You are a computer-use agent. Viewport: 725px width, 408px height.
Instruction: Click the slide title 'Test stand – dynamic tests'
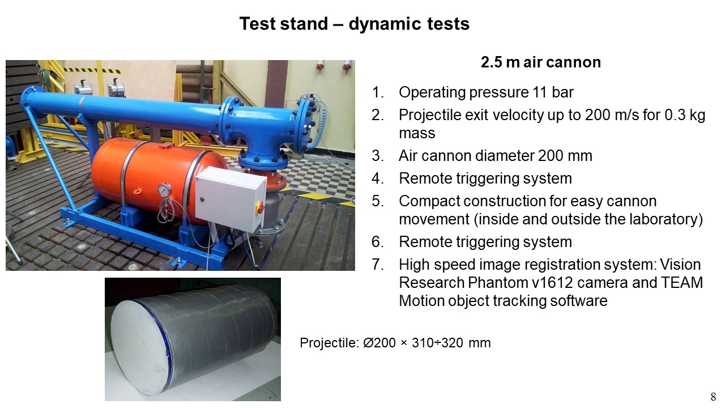(x=355, y=24)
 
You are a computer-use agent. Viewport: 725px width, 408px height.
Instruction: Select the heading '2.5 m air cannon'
(x=541, y=62)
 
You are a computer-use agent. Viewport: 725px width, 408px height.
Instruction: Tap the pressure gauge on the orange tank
(x=165, y=189)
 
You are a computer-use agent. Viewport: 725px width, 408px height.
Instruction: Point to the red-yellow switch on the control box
(x=259, y=207)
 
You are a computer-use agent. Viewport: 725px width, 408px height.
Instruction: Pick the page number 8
(x=713, y=397)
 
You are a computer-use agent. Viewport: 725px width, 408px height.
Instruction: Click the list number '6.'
(x=378, y=242)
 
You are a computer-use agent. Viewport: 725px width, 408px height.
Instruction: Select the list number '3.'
(x=378, y=156)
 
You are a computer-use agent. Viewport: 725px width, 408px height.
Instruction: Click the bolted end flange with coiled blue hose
(x=306, y=122)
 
